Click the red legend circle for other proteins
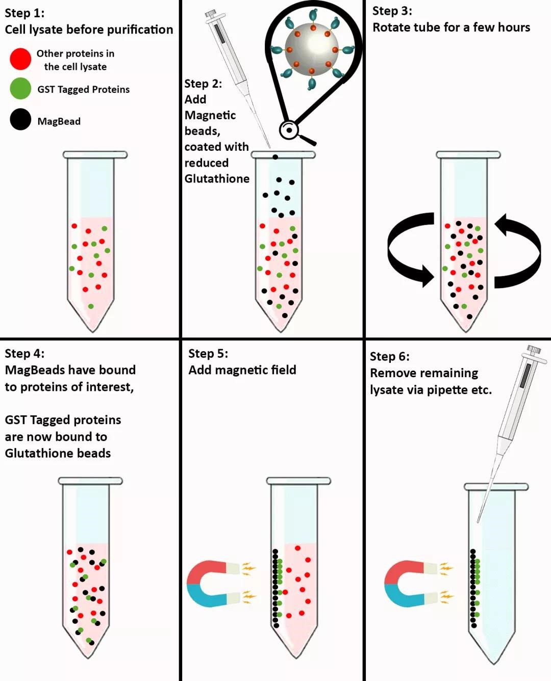point(20,59)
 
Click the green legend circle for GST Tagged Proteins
point(20,88)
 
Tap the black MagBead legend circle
point(20,119)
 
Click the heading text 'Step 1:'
point(24,13)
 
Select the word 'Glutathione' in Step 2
point(217,178)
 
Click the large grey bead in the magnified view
point(311,49)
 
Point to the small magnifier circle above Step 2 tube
point(289,130)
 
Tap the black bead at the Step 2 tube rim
point(275,157)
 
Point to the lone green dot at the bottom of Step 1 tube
point(91,306)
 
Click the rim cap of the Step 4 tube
point(90,481)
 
